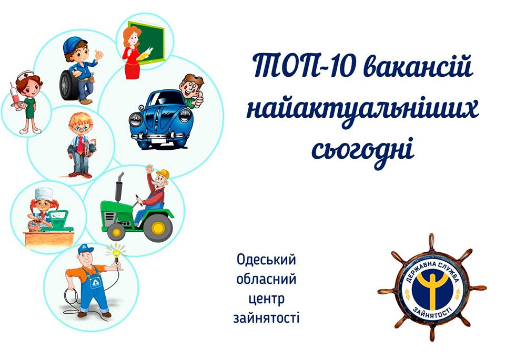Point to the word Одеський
coord(266,260)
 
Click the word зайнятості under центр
coord(266,317)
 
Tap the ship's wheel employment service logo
coord(431,287)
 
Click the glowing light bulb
coord(116,253)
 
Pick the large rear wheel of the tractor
coord(158,228)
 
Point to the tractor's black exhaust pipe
coord(119,187)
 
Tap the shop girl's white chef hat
coord(44,194)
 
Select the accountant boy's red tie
coord(79,145)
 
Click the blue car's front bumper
coord(159,137)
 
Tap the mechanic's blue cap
coord(74,44)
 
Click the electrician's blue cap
coord(85,249)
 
